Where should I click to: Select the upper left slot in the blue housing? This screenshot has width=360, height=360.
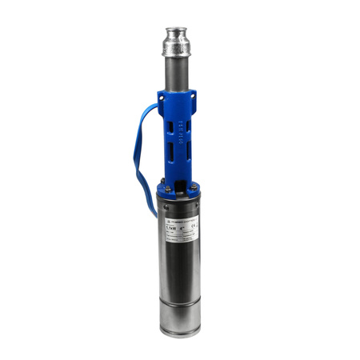(168, 125)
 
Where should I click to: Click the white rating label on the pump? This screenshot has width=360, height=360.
(181, 231)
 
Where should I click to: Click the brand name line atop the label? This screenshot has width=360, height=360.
(180, 219)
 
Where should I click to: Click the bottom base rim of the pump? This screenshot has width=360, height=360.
(180, 330)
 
